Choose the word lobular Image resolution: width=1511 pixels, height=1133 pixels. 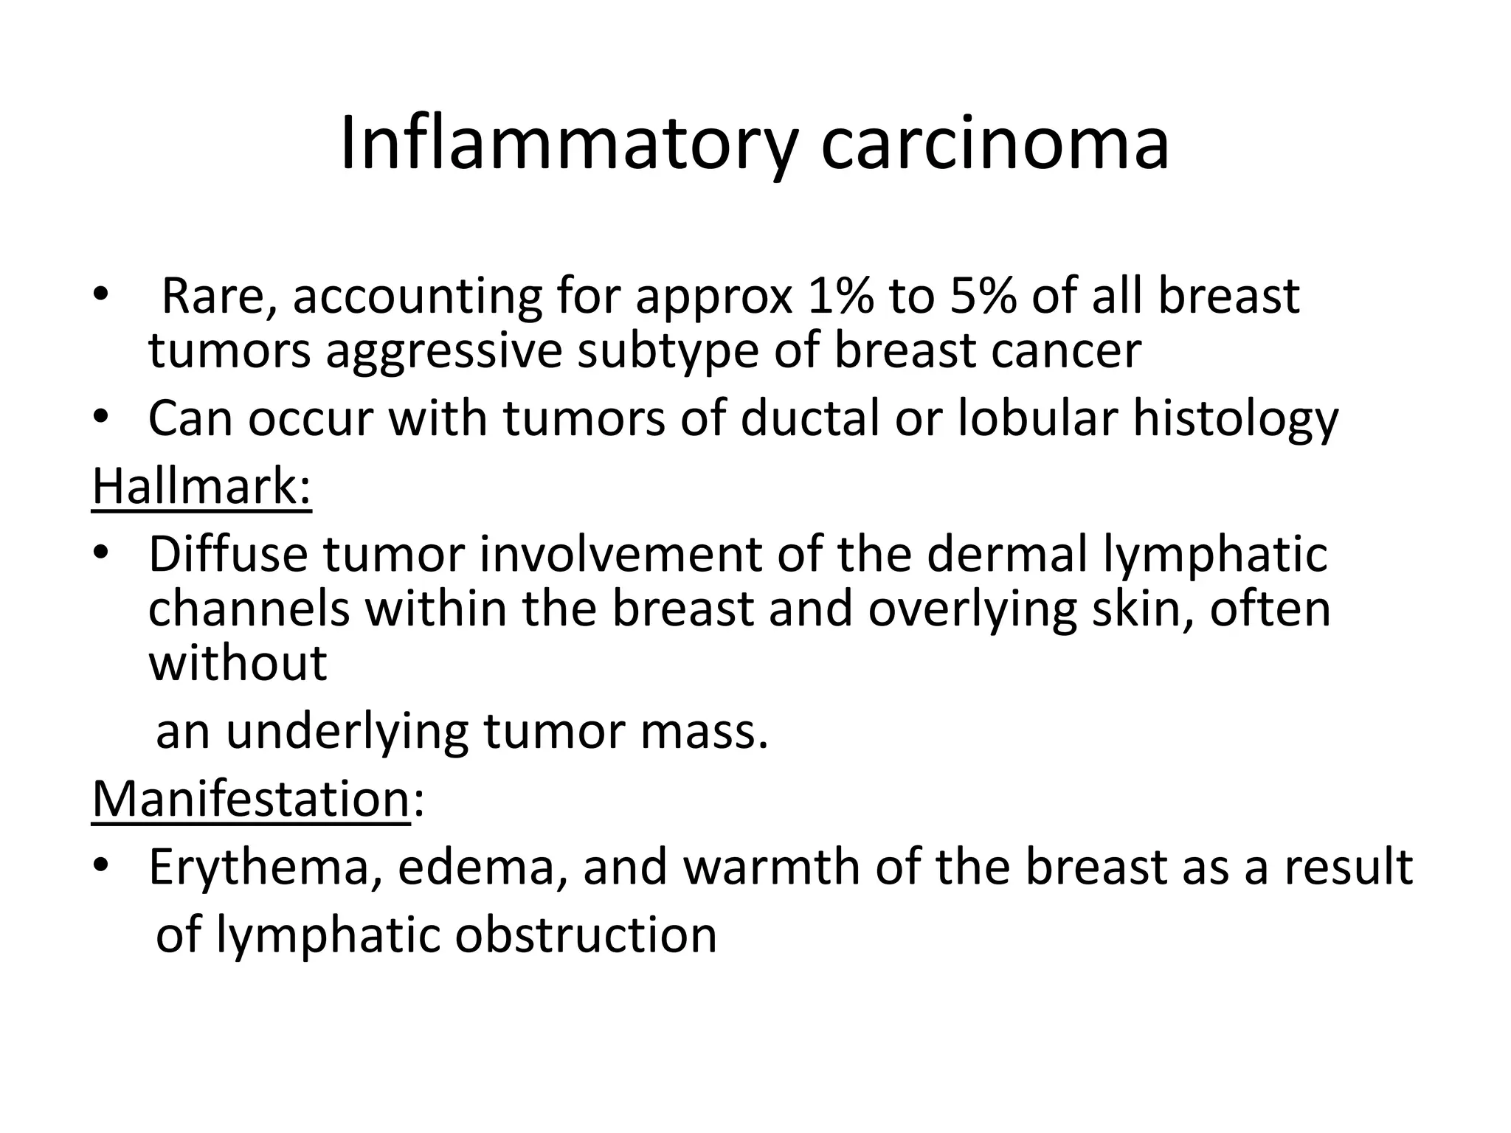point(1037,419)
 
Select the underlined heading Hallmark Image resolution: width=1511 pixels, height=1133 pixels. point(201,487)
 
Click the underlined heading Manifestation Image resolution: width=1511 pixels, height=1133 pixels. point(251,799)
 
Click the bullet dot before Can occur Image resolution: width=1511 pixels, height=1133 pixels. point(100,419)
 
